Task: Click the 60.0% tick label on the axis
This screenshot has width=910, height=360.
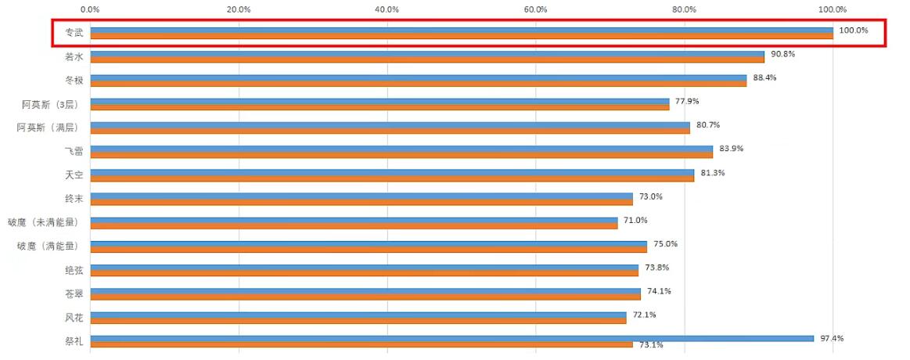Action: [x=535, y=9]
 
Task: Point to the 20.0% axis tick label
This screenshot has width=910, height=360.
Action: [x=238, y=9]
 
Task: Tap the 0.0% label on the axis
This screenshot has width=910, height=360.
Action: [x=90, y=9]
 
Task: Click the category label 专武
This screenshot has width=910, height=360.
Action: [x=74, y=33]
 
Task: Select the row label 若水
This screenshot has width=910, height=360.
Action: [x=74, y=56]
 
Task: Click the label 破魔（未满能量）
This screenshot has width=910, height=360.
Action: [x=44, y=222]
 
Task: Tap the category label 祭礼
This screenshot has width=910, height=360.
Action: [x=74, y=341]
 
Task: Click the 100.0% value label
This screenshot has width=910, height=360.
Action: [x=854, y=30]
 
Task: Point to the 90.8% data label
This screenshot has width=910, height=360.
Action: [x=783, y=54]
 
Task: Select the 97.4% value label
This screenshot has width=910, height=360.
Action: [x=833, y=338]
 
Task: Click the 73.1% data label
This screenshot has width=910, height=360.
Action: [x=651, y=345]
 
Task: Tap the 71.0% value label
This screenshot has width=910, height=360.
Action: [x=635, y=220]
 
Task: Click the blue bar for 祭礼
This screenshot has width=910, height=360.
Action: [x=451, y=338]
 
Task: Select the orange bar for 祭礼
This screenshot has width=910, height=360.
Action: [x=361, y=344]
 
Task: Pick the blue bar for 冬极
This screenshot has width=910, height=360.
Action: [x=418, y=77]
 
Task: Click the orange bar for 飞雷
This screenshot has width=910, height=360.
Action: [x=401, y=155]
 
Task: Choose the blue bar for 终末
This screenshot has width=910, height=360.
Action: [x=361, y=196]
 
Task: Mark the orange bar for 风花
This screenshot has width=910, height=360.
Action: [x=358, y=321]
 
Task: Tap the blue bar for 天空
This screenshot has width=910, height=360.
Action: [x=391, y=172]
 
